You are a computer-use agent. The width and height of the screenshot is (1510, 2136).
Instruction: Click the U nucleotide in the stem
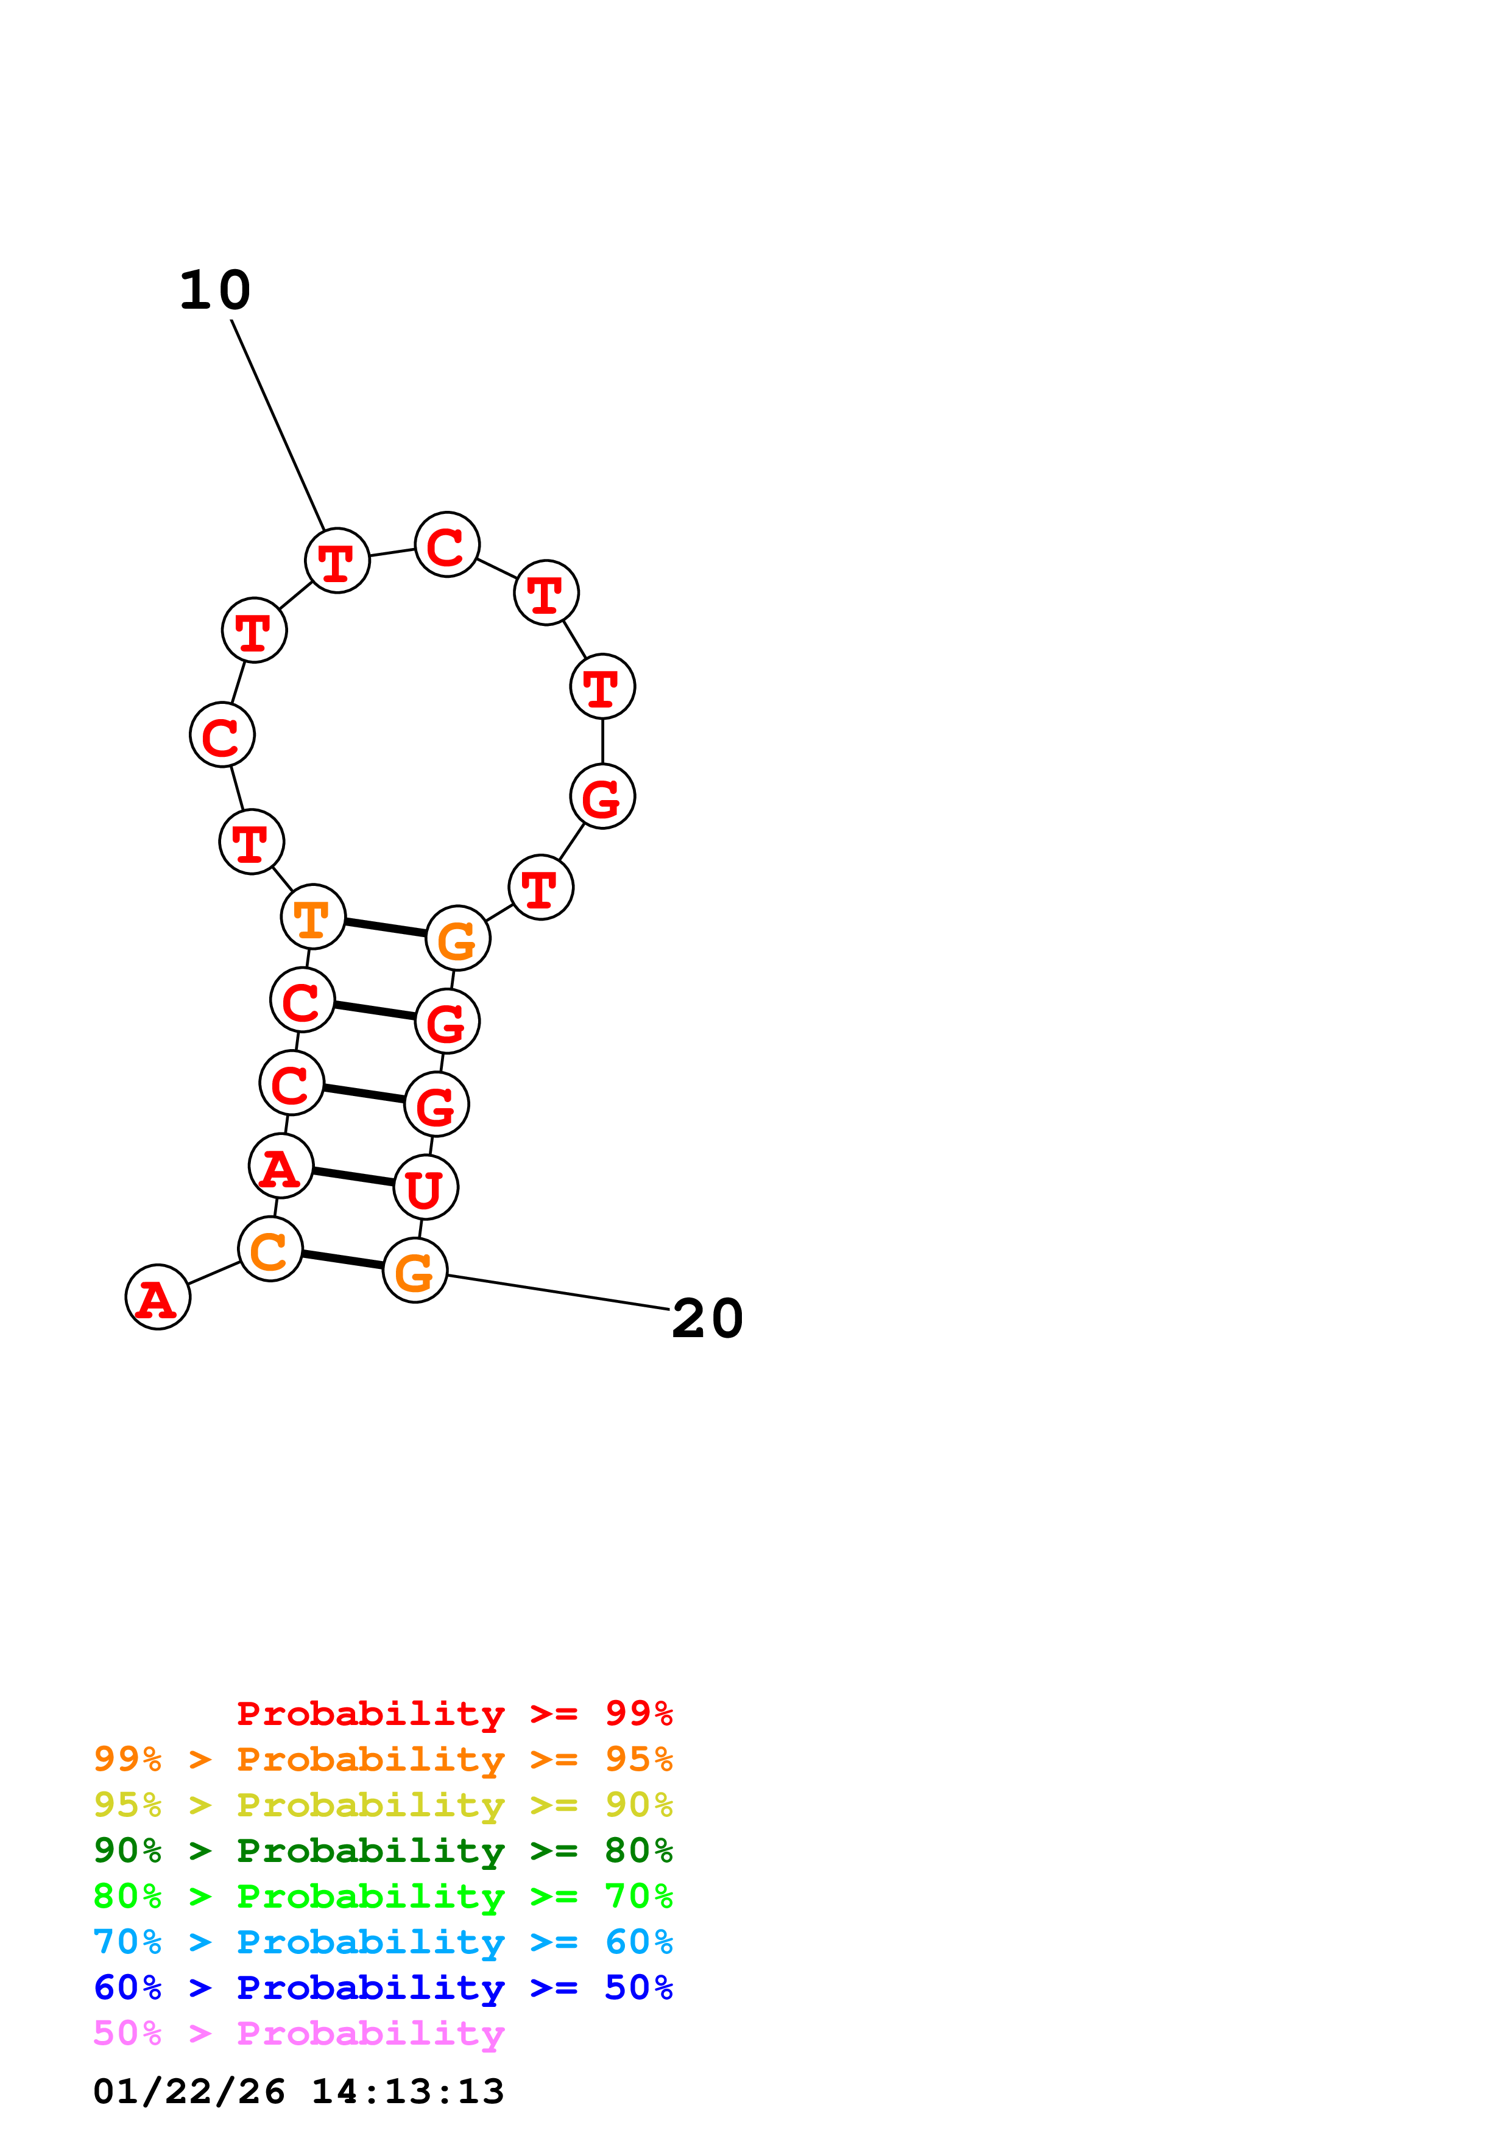click(425, 1187)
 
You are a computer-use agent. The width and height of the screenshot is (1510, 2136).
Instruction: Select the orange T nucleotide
click(312, 917)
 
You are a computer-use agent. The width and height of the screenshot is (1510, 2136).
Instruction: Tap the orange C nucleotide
click(270, 1249)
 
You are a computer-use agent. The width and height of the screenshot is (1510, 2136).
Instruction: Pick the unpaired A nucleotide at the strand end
click(157, 1297)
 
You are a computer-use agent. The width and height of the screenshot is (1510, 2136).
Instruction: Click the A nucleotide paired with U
click(281, 1167)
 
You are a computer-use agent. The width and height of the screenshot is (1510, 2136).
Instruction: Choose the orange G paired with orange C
click(415, 1271)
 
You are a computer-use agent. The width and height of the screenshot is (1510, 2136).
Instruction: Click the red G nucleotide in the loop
click(602, 796)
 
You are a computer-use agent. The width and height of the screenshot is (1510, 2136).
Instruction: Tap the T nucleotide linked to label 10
click(337, 561)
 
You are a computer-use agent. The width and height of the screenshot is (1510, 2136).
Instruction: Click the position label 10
click(215, 290)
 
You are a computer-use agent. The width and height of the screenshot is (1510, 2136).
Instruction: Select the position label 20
click(707, 1319)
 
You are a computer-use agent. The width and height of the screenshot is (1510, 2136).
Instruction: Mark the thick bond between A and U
click(353, 1177)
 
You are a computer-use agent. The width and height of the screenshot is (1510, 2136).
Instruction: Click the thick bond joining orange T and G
click(385, 927)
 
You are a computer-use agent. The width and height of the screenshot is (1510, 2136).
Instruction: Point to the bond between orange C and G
click(342, 1260)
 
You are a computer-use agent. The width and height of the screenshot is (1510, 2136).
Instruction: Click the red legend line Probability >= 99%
click(454, 1713)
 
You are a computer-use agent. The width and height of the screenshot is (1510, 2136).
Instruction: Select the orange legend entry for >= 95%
click(383, 1759)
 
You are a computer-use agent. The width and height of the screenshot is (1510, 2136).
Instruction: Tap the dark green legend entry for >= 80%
click(383, 1850)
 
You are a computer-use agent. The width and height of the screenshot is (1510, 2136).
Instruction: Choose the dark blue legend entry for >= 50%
click(383, 1987)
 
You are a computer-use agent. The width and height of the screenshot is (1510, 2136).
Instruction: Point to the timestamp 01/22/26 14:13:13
click(298, 2092)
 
